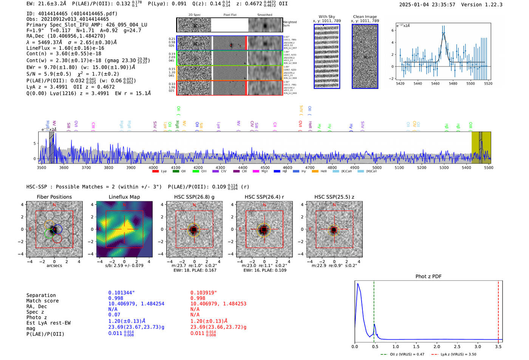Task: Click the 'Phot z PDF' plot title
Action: [x=428, y=277]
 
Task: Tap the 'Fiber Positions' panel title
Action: [x=54, y=197]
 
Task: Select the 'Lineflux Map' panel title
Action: [x=124, y=197]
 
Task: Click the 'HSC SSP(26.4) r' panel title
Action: [x=264, y=197]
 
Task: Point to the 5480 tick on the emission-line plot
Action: [x=453, y=83]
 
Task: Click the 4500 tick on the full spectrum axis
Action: [x=265, y=168]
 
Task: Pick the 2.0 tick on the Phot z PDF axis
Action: [x=436, y=346]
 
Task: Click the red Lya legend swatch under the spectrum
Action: [x=155, y=172]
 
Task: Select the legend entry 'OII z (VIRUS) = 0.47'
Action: [x=402, y=354]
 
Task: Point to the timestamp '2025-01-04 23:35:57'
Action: [x=427, y=5]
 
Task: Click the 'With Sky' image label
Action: [x=326, y=17]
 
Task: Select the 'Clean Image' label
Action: [x=365, y=17]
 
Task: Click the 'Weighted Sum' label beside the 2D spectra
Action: [x=289, y=24]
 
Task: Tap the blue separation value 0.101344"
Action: [x=121, y=293]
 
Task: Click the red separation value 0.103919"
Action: [x=203, y=293]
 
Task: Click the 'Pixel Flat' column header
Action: [x=230, y=15]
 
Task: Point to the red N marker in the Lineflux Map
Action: [x=124, y=205]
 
